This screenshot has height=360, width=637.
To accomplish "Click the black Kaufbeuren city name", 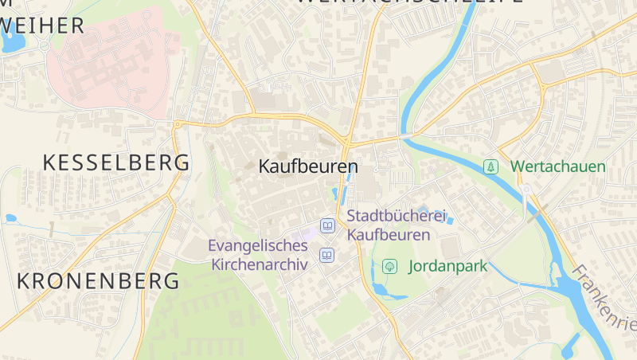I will pyautogui.click(x=308, y=167).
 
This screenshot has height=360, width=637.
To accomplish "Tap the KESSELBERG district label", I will pyautogui.click(x=116, y=162).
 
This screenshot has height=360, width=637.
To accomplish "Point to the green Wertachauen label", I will pyautogui.click(x=557, y=166).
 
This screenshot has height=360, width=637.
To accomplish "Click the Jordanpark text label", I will pyautogui.click(x=447, y=267).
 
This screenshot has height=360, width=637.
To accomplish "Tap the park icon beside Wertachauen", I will pyautogui.click(x=491, y=166).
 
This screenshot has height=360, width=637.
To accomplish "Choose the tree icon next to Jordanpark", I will pyautogui.click(x=389, y=266).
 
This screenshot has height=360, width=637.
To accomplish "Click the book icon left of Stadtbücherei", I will pyautogui.click(x=327, y=226).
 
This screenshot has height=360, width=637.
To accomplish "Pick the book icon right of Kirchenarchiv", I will pyautogui.click(x=326, y=255).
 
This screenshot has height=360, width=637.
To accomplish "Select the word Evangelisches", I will pyautogui.click(x=258, y=246).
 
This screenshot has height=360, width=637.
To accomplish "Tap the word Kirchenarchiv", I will pyautogui.click(x=260, y=265).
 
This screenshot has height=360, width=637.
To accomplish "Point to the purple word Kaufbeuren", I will pyautogui.click(x=389, y=235).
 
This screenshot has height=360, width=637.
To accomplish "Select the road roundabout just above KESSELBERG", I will pyautogui.click(x=177, y=123).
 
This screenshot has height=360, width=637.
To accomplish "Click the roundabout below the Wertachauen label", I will pyautogui.click(x=526, y=190).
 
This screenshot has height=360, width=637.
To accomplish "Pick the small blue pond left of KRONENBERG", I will pyautogui.click(x=10, y=217).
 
